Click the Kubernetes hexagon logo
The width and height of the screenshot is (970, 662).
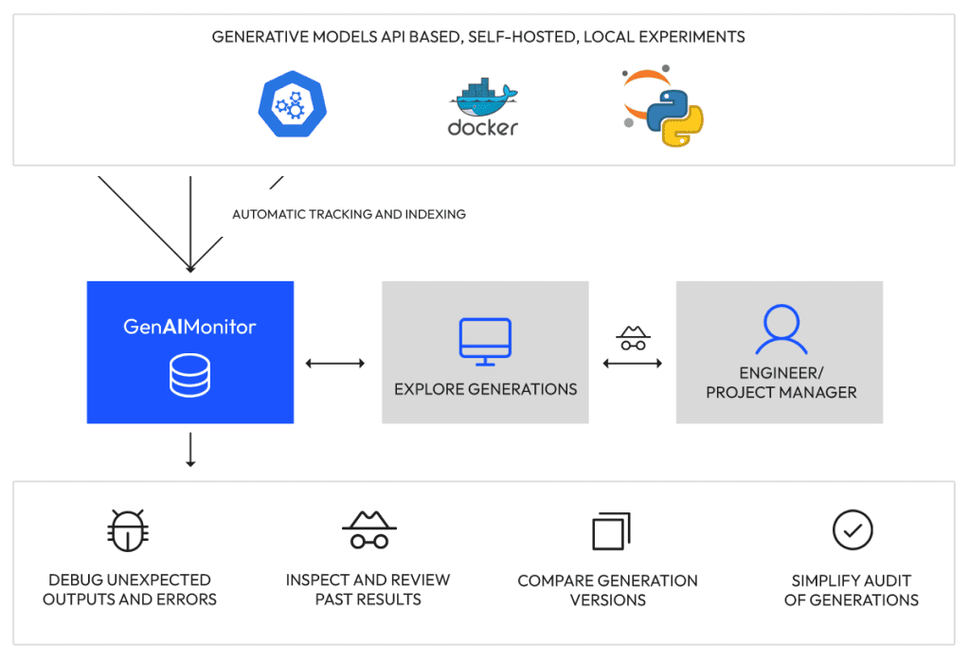point(293,104)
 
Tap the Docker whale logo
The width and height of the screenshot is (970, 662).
point(483,106)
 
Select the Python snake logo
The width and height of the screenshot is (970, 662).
point(674,117)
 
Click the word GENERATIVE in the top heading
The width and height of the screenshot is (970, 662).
point(260,37)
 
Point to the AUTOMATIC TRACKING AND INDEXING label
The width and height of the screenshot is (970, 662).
point(349,214)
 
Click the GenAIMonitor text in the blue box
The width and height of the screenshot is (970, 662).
point(189,327)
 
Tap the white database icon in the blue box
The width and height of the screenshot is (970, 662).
point(189,375)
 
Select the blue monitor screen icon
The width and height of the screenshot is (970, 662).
point(485,342)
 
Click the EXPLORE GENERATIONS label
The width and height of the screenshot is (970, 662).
point(486,389)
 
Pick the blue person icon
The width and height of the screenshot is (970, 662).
point(781,329)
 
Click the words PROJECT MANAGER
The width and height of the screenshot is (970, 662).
point(781,392)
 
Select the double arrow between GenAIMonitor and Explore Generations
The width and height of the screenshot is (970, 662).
point(335,363)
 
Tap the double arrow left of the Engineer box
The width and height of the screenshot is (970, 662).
point(632,363)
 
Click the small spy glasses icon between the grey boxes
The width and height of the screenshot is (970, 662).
point(633,338)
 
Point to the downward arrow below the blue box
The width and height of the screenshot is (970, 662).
point(190,450)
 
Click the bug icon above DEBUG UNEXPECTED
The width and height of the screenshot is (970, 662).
point(128,530)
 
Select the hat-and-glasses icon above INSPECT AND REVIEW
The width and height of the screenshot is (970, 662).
point(369,530)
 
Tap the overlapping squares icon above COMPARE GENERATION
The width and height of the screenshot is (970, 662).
point(611,531)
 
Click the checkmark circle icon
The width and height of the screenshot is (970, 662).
point(853,529)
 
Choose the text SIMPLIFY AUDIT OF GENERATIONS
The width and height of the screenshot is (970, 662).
point(852,590)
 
